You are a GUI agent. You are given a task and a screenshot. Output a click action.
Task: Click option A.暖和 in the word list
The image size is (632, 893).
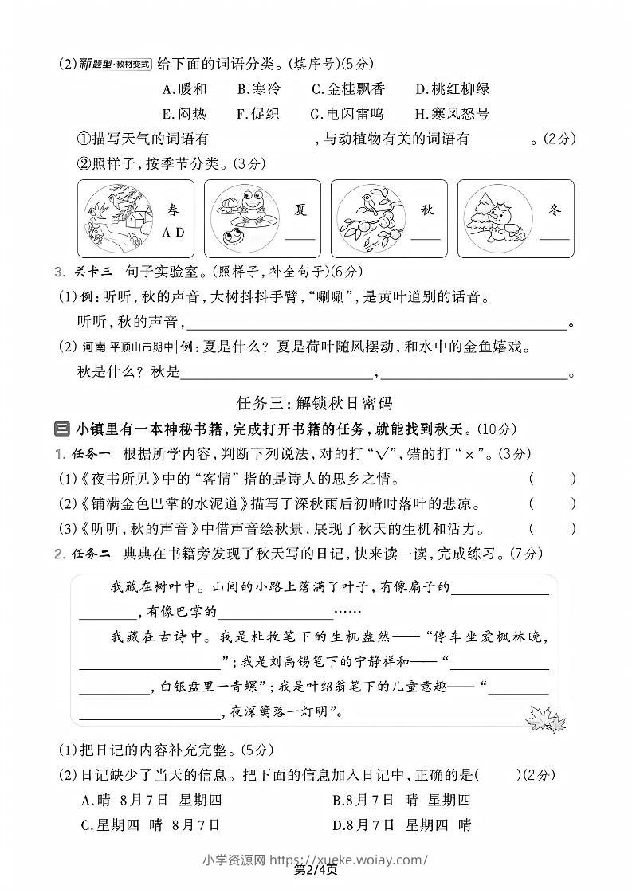[x=184, y=89]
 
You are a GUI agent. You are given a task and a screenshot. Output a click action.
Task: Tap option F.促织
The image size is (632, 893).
[x=258, y=114]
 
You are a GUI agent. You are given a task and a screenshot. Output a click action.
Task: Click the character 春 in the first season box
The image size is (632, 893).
[x=173, y=211]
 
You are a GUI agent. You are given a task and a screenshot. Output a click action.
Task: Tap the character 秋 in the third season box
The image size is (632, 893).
[x=426, y=211]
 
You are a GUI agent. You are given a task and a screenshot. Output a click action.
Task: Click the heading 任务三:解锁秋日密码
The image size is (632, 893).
[x=315, y=402]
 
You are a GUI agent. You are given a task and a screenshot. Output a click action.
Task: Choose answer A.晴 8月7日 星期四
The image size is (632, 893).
[x=151, y=801]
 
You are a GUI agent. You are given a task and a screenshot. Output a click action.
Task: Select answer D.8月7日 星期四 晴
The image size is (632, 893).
[x=402, y=824]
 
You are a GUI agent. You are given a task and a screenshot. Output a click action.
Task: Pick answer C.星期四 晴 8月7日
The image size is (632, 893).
[x=151, y=824]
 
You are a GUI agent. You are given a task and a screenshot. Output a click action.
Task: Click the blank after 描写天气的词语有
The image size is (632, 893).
[x=263, y=139]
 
